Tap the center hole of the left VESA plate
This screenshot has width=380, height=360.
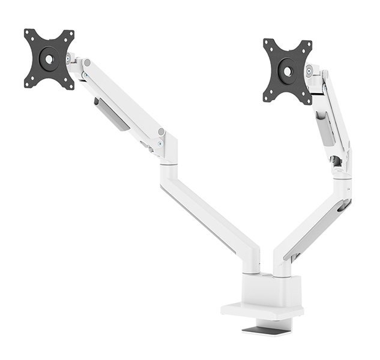49,59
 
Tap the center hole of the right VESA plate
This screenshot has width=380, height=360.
287,71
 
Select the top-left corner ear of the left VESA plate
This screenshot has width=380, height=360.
29,34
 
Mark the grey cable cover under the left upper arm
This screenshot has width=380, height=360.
112,114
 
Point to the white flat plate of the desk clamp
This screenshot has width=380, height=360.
262,311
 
